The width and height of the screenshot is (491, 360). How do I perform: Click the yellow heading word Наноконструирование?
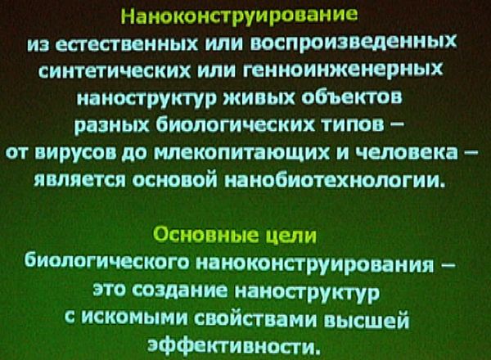[x=239, y=16]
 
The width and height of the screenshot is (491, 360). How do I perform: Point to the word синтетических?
[x=115, y=71]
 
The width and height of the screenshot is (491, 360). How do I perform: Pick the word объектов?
[x=353, y=97]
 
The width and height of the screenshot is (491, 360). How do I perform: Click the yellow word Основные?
[x=207, y=235]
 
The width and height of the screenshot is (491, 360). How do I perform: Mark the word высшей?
[x=366, y=321]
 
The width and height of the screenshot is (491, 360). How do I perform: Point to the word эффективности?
[x=234, y=345]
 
